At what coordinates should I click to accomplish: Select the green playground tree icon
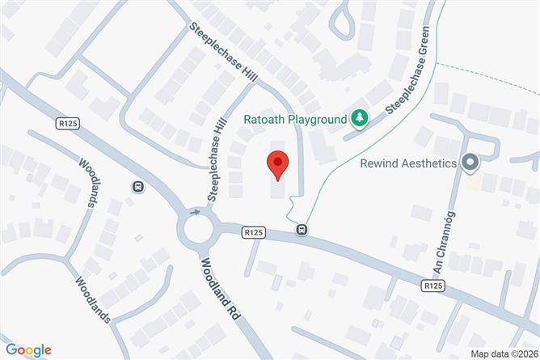[x=358, y=120]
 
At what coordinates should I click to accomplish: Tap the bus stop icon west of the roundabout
[x=138, y=187]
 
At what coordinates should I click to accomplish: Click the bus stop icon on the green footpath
[x=302, y=229]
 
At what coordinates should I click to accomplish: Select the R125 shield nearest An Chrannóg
[x=433, y=286]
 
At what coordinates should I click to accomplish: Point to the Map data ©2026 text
[x=502, y=353]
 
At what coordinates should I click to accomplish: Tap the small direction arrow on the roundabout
[x=194, y=213]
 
